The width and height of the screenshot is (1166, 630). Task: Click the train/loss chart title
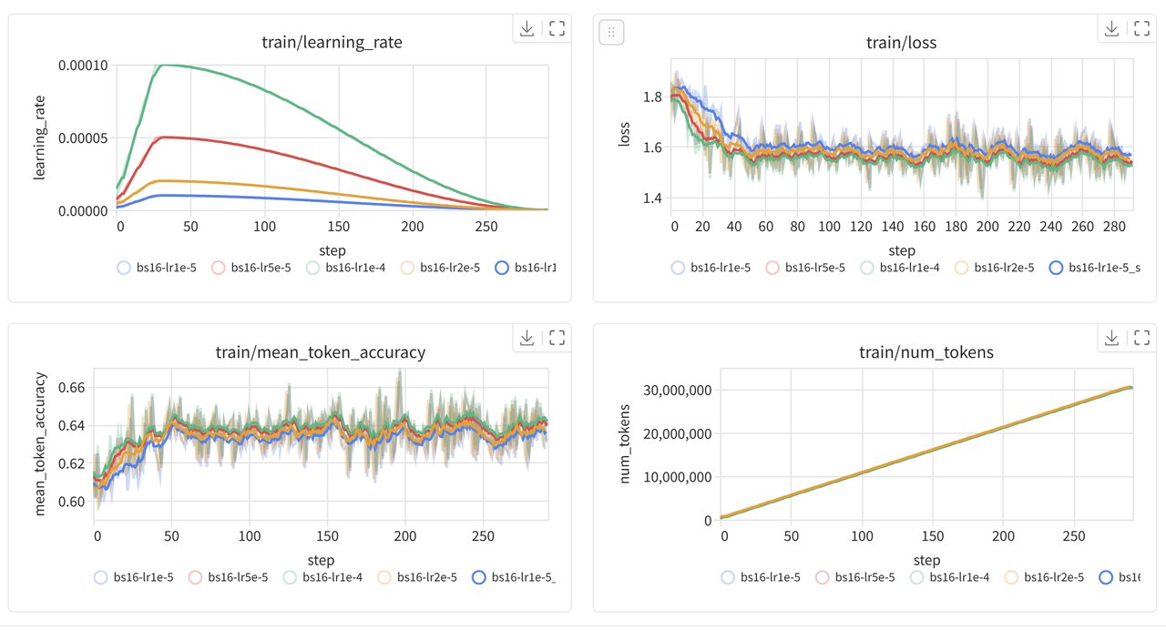click(902, 43)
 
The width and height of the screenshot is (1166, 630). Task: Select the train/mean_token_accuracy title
click(321, 352)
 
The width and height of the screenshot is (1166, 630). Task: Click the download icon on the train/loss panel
click(1111, 28)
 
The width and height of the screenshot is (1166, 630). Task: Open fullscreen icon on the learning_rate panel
click(557, 28)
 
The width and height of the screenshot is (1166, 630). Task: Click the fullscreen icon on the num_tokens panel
click(1141, 338)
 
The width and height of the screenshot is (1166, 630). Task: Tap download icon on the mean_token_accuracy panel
click(527, 338)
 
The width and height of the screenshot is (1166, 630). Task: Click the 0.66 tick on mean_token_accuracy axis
click(73, 388)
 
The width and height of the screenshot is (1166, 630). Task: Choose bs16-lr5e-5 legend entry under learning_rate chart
click(251, 268)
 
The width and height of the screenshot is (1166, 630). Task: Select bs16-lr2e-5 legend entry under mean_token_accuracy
click(410, 576)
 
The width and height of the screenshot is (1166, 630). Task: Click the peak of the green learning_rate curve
click(164, 66)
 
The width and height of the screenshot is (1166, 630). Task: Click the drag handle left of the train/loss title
click(611, 32)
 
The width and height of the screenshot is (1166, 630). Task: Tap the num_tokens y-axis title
click(626, 442)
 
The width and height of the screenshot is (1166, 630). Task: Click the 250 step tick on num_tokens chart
click(1074, 536)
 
